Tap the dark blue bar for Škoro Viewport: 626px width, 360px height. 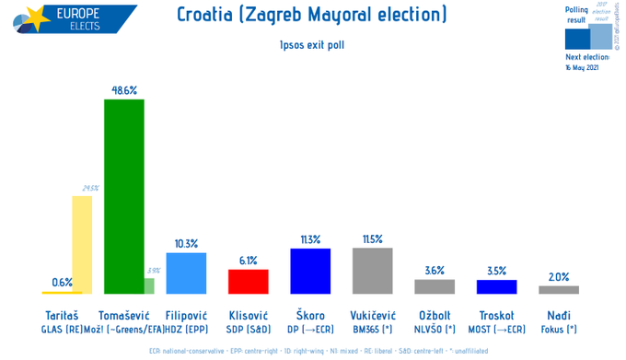point(310,270)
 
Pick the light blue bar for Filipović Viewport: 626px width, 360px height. point(186,273)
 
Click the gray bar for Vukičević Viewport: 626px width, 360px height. point(373,270)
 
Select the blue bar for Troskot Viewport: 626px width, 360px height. point(496,286)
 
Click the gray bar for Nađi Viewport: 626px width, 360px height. point(559,289)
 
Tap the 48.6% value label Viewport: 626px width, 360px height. point(124,90)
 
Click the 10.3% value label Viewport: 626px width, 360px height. point(186,244)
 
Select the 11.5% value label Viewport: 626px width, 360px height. point(373,238)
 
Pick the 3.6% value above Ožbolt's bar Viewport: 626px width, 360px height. point(435,271)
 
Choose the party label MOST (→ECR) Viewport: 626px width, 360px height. point(497,329)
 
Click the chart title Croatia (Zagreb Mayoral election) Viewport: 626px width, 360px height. point(311,15)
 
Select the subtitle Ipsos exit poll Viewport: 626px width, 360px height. point(311,43)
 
